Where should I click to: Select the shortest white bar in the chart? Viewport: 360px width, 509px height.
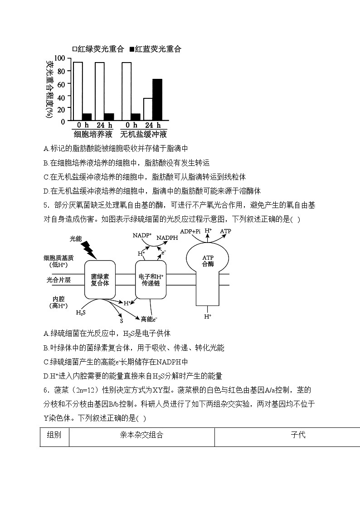click(148, 109)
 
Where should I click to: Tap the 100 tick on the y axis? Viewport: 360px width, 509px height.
click(59, 58)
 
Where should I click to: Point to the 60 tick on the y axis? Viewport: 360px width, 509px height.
click(61, 83)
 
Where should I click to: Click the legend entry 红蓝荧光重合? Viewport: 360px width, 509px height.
click(156, 49)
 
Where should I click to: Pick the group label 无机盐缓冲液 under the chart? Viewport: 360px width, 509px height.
click(144, 134)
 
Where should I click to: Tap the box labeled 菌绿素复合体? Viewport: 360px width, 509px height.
click(100, 280)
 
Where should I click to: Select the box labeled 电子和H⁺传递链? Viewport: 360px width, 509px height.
click(151, 280)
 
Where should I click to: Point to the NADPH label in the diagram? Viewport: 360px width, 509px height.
click(168, 238)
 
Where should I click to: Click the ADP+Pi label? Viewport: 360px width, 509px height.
click(190, 231)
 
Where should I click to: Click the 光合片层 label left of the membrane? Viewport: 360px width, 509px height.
click(58, 280)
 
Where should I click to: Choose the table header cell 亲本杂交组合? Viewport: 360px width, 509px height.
click(141, 435)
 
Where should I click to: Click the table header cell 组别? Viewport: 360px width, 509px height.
click(54, 435)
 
